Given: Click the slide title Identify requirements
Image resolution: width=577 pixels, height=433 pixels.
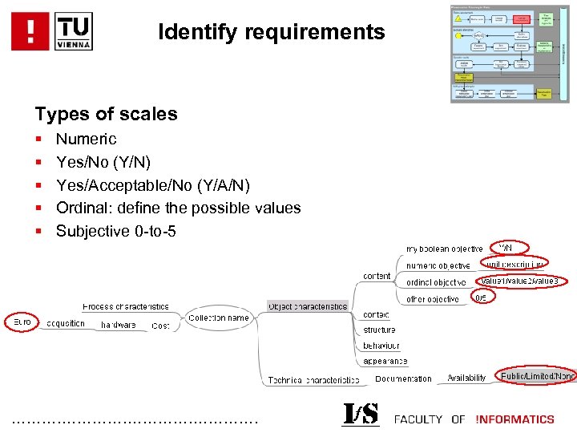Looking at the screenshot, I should pos(272,33).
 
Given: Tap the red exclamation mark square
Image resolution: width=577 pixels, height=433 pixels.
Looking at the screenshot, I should pos(30,31).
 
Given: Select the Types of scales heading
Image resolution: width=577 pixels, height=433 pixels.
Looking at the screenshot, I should pos(106,114).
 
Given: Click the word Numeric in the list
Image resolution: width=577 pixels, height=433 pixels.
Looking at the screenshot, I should pos(86,139).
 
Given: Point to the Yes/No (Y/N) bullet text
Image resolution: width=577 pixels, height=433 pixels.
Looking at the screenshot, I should pos(103,162).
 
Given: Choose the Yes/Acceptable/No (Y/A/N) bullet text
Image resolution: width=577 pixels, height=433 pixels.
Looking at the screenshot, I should pos(152,185).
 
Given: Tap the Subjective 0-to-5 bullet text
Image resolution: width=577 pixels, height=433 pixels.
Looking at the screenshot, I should pos(115,232).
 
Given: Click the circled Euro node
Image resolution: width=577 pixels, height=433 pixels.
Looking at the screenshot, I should pos(22,322).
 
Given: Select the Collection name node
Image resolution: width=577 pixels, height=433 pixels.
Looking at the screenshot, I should pos(219,318).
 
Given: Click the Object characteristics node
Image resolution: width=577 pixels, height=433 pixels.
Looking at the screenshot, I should pos(308,306).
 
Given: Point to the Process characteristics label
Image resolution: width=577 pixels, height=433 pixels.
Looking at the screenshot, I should pos(126,306).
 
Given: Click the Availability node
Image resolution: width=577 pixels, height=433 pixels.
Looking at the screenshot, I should pos(466,378).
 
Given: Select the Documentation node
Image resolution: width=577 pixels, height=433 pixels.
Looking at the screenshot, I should pos(403,378).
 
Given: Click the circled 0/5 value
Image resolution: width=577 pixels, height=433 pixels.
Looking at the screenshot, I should pos(481,297).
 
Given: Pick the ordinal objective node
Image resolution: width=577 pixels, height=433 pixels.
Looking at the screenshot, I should pos(436,282).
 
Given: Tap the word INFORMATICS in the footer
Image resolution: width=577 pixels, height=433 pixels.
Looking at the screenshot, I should pos(514,419).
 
